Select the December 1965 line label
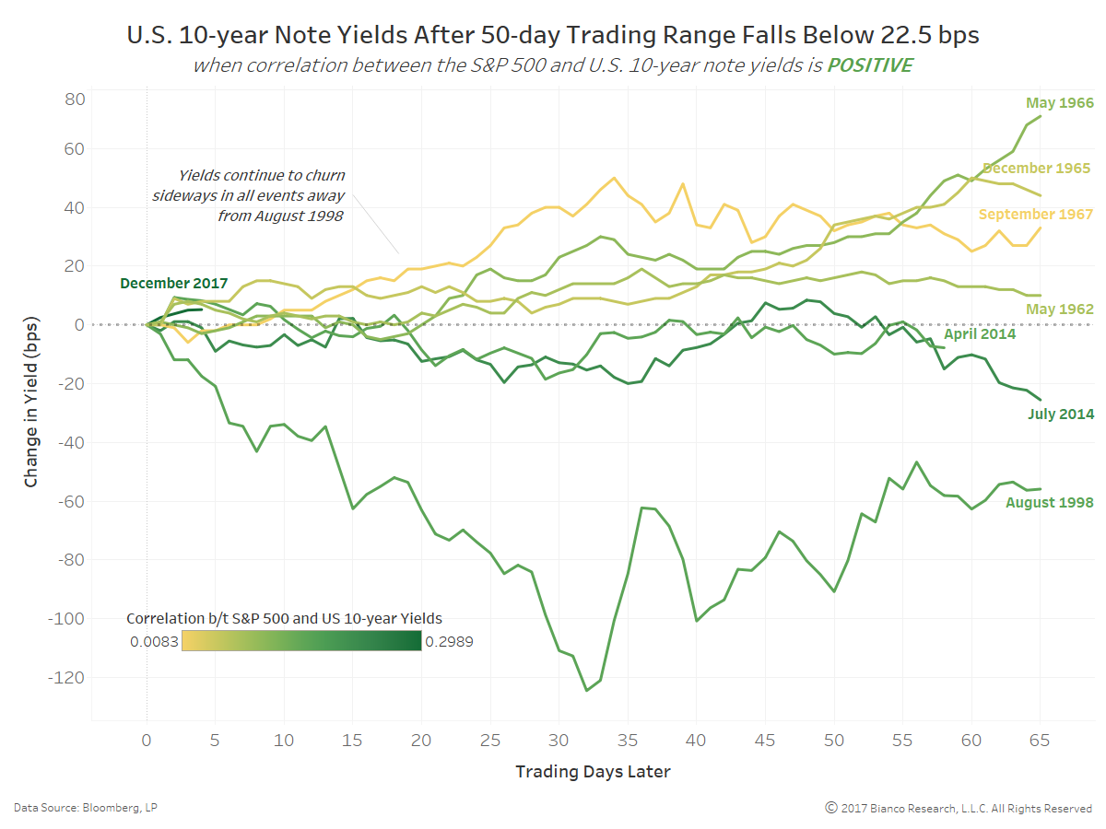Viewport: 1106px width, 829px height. point(1036,168)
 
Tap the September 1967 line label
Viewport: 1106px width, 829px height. point(1035,214)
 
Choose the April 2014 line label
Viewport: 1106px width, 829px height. point(979,333)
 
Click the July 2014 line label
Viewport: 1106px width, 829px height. point(1060,414)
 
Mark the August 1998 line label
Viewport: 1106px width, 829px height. point(1049,502)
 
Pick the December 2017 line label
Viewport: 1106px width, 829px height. point(173,284)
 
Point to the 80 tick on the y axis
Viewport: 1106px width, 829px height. point(75,99)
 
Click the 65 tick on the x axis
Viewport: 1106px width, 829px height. point(1041,740)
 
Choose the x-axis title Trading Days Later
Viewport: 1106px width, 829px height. point(593,772)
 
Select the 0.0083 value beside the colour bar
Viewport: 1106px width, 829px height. point(154,641)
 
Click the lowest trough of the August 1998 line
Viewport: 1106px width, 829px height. point(586,690)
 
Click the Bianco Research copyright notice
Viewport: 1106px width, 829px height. point(958,808)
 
